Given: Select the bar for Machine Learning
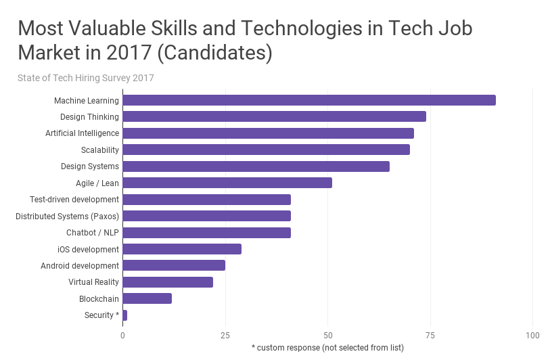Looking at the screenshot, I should coord(308,100).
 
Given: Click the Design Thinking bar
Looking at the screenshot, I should coord(274,116).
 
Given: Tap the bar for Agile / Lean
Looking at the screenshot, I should coord(227,183).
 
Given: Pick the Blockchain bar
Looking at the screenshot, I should coord(147,298).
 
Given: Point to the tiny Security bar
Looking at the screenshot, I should coord(125,315).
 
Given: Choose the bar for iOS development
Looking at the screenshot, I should coord(182,249).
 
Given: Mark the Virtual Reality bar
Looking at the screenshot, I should coord(168,282).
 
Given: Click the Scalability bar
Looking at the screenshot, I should coord(266,150).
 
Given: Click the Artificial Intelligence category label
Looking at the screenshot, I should coord(82,133).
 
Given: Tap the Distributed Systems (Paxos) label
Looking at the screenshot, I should coord(67,216).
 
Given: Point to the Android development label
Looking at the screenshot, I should coord(80,266).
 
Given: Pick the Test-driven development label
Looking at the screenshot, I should coord(74,200).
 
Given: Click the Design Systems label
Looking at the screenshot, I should coord(90,166).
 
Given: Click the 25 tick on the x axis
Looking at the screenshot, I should coord(225,336).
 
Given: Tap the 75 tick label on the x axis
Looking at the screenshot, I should coord(430,336).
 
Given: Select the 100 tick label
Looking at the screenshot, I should coord(532,336).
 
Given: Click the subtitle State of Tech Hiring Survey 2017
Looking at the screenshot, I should coord(86,78).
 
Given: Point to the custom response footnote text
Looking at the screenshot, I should coord(327,348).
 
